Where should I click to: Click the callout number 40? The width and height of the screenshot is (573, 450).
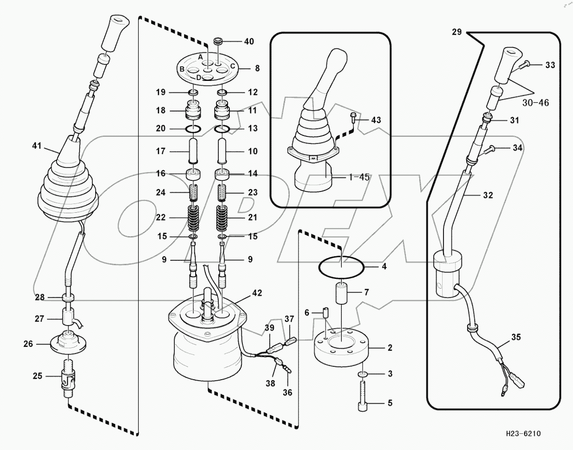(249, 42)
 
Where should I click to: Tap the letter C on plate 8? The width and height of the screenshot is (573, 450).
(233, 66)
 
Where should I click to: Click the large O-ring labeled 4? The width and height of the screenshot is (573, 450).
(341, 267)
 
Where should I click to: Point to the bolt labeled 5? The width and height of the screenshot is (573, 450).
(363, 395)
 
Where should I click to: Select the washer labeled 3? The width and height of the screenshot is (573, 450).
(363, 374)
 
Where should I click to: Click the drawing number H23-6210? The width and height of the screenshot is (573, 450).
(523, 434)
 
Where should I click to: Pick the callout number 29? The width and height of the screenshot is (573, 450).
(457, 32)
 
